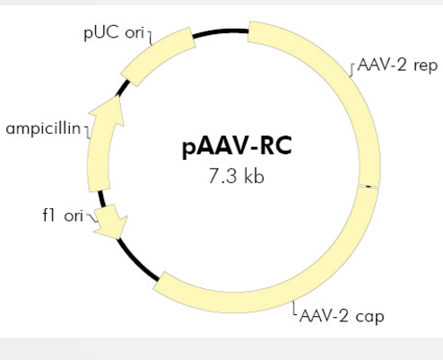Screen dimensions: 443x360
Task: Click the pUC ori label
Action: click(x=114, y=32)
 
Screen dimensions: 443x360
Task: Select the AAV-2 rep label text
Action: click(x=397, y=65)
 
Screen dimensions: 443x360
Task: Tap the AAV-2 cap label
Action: click(x=342, y=316)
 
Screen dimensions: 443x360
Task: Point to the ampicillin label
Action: click(x=43, y=128)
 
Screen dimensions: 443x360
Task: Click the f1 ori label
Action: click(x=63, y=215)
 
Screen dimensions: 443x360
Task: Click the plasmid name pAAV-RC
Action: click(x=237, y=146)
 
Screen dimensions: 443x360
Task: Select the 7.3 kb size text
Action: click(x=236, y=176)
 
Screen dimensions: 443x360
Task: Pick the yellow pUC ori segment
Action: click(x=159, y=57)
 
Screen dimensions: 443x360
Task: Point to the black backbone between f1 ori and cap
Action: click(x=136, y=261)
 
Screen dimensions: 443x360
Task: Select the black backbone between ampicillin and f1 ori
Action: click(x=101, y=198)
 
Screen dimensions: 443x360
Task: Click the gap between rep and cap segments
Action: click(x=369, y=187)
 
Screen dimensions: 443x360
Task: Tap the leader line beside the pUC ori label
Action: click(x=150, y=37)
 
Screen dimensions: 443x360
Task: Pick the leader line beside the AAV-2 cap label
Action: click(x=294, y=308)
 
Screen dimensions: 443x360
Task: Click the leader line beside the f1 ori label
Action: click(x=91, y=217)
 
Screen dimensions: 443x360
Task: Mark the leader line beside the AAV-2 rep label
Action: click(x=352, y=69)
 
